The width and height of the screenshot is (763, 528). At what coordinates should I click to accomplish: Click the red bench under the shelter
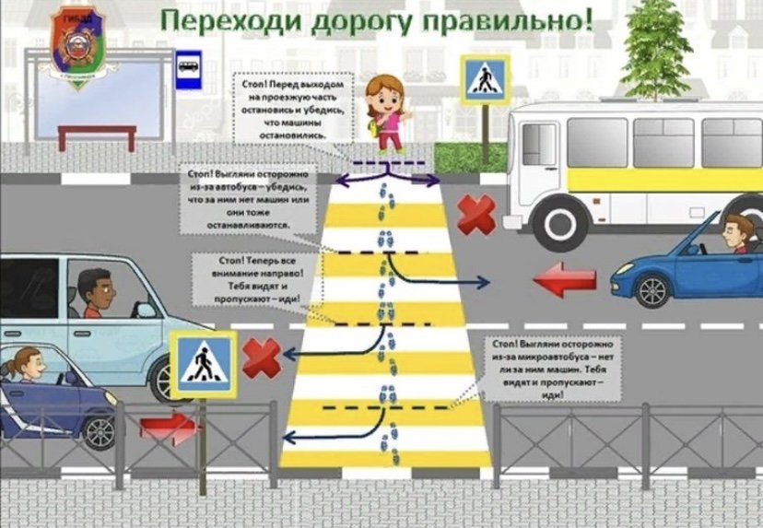pos(97,136)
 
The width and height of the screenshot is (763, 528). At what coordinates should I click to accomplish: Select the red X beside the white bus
pos(476,214)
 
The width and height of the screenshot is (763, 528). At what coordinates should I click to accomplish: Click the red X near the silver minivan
pos(261,357)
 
